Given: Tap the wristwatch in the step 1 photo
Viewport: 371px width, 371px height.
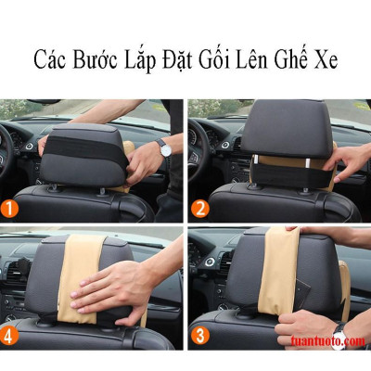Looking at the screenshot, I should [163, 147].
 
